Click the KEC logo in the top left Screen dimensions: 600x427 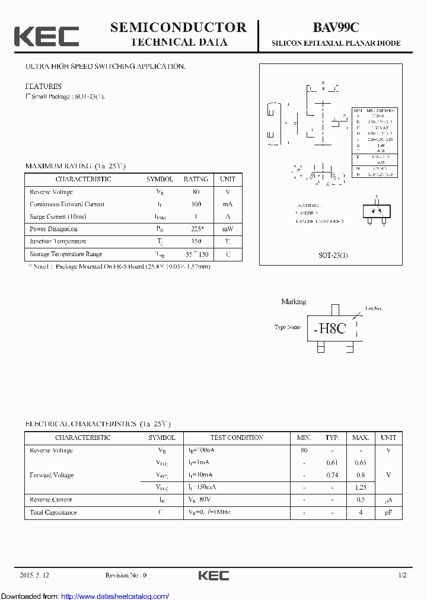(46, 36)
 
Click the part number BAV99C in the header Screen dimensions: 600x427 (336, 27)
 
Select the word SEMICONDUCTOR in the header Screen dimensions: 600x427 (178, 27)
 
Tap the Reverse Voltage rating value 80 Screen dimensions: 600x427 (196, 192)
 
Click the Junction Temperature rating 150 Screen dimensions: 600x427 (196, 241)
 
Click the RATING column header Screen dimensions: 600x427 (196, 179)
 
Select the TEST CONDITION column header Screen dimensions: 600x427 (237, 438)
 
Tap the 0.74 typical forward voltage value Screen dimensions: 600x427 (332, 475)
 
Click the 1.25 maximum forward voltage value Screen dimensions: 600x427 (360, 487)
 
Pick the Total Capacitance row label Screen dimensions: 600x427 (53, 512)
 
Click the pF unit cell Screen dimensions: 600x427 (388, 512)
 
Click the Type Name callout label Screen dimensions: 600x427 (288, 327)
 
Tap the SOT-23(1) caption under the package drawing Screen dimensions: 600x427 (333, 255)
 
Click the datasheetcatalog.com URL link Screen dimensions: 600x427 (115, 596)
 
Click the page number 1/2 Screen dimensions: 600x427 (402, 575)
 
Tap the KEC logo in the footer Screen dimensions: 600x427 (213, 575)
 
